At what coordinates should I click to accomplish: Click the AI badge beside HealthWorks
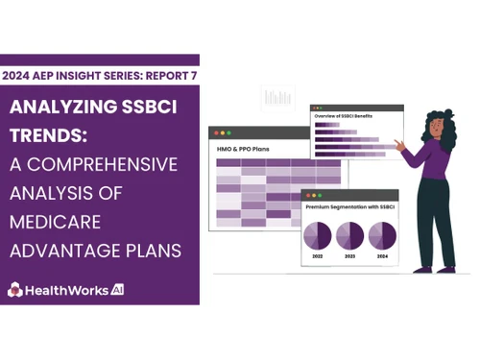(117, 288)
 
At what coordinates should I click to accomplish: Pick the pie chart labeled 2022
(318, 235)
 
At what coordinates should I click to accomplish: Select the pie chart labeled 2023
(349, 235)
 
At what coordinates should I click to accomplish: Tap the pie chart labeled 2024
(382, 235)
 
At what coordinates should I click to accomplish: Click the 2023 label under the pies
(349, 257)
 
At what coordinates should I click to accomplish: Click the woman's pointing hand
(404, 146)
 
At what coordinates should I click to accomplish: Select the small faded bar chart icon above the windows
(278, 97)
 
